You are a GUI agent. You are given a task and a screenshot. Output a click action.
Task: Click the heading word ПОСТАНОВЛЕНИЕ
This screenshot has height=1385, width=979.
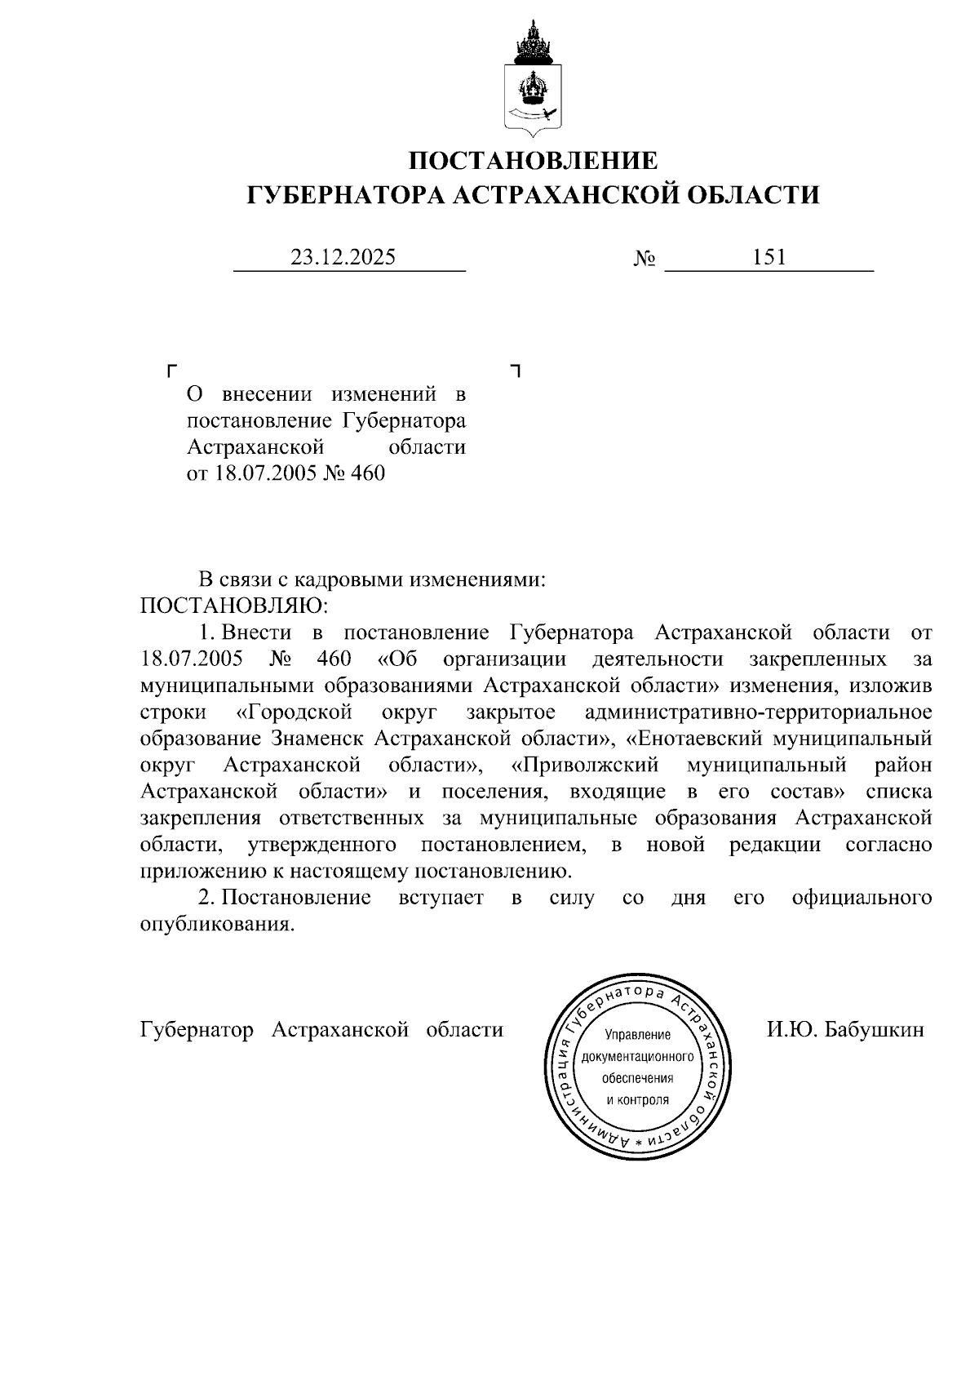533,161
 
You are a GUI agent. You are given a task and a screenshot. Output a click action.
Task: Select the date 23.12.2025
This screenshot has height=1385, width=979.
343,258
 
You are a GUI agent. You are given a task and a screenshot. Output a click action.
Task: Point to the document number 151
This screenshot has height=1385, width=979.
769,258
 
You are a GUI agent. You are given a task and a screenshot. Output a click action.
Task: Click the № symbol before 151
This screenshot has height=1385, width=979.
644,260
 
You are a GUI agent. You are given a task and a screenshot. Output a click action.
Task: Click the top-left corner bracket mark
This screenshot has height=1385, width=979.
171,371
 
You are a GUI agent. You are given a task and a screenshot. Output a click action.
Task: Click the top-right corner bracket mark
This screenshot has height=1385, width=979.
514,371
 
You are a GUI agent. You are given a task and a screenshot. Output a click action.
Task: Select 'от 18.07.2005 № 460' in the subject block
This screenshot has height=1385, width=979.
286,473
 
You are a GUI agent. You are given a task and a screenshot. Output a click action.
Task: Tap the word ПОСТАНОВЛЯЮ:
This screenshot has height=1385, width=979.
234,606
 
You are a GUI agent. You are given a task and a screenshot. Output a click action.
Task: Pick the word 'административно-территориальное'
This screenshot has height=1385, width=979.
758,712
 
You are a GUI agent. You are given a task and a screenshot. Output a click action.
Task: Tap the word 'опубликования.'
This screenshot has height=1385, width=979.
216,924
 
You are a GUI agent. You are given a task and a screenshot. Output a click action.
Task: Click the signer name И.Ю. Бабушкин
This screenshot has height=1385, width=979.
845,1029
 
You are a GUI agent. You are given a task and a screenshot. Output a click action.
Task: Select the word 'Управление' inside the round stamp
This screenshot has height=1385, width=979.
637,1035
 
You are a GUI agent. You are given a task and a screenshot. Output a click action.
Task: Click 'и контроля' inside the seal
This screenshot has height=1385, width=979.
637,1099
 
